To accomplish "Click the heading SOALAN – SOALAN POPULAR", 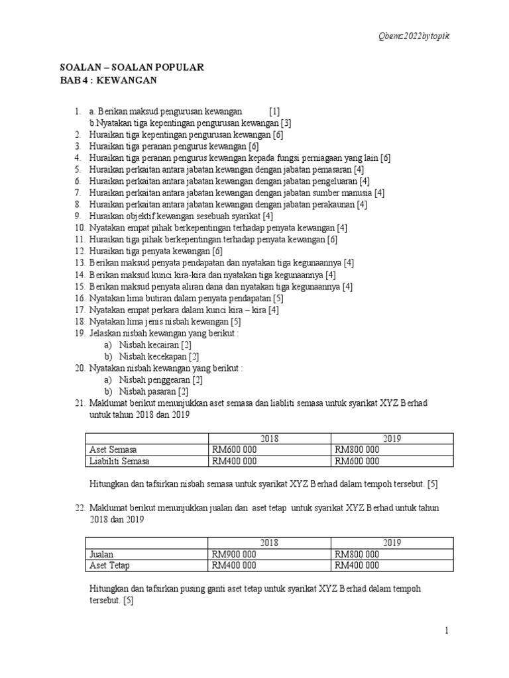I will [132, 67].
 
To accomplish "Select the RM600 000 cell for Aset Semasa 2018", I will [234, 450].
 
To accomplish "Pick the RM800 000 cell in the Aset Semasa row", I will [357, 450].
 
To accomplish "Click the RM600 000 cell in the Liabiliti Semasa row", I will [357, 461].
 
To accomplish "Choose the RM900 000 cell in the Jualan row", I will [234, 554].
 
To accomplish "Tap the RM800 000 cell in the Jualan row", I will [357, 554].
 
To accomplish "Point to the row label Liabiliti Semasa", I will [119, 461].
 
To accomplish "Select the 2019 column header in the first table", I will [392, 438].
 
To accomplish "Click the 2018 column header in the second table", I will [269, 543].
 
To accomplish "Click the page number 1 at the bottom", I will [447, 631].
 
